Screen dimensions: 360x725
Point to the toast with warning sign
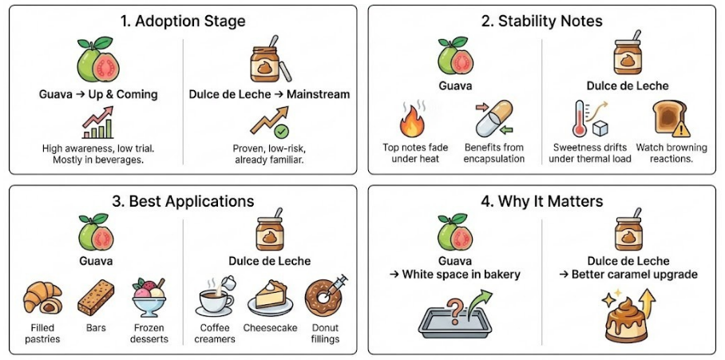(x=668, y=120)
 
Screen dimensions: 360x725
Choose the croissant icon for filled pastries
(x=42, y=299)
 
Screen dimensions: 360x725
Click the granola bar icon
(x=95, y=299)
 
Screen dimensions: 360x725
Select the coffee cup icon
(x=214, y=299)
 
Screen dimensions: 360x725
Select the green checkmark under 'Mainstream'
(x=281, y=131)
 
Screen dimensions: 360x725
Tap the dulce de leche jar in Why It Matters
(x=628, y=231)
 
